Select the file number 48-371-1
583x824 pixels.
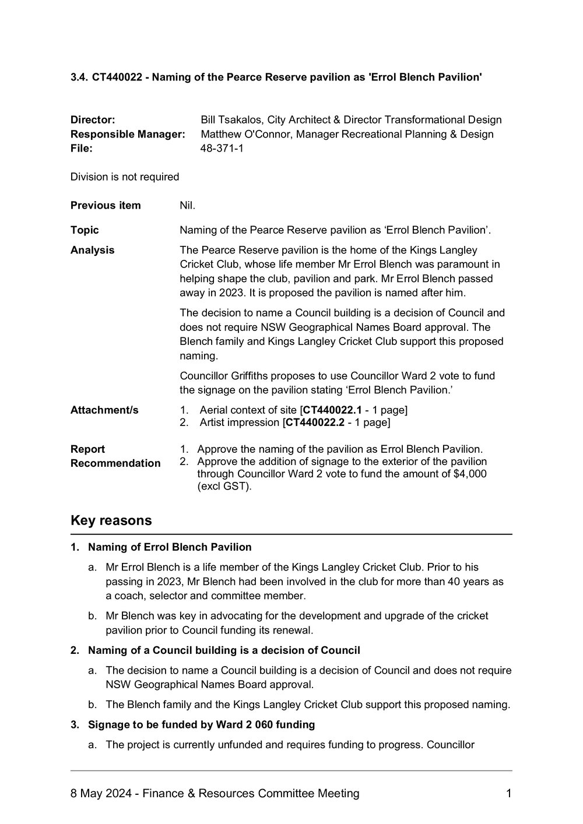(222, 148)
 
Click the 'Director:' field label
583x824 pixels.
(93, 120)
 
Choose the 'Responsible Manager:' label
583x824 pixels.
(128, 134)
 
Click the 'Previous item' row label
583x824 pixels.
(106, 205)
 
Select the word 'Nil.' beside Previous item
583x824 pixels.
(188, 205)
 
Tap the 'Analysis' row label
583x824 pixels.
(92, 250)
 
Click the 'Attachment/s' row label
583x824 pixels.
(104, 410)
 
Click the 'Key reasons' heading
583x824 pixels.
(111, 520)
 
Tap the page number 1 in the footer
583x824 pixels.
(508, 793)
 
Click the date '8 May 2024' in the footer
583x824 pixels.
(99, 793)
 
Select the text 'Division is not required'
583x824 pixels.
(125, 177)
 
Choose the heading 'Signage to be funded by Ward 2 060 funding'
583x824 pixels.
(201, 725)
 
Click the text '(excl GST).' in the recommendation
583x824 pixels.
(224, 486)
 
